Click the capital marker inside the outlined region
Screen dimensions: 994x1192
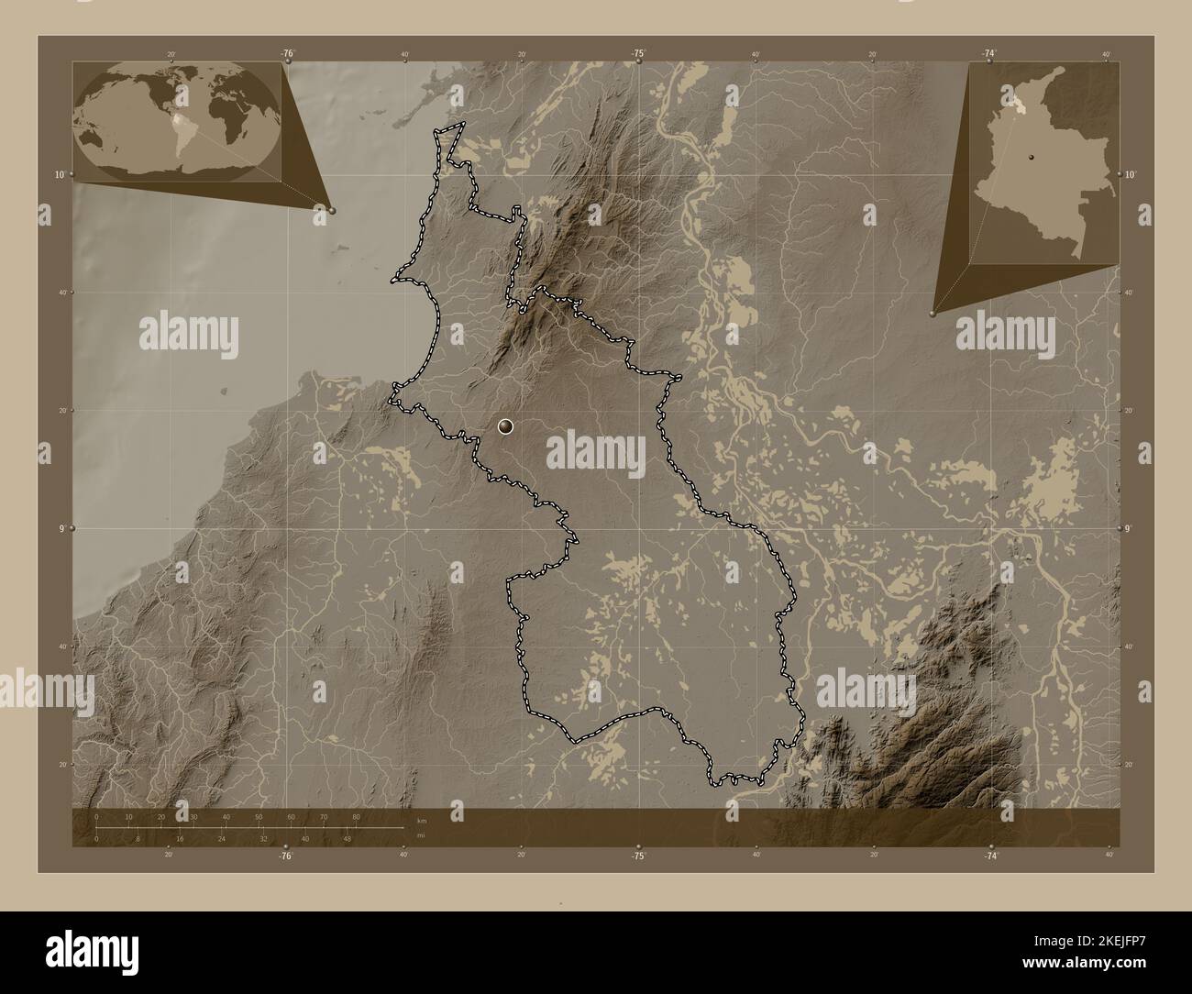tap(505, 426)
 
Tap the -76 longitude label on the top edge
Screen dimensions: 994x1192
tap(287, 54)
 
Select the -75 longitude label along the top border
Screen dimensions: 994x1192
tap(638, 54)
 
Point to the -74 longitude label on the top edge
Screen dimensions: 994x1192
tap(989, 54)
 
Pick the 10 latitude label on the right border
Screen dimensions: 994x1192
tap(1131, 174)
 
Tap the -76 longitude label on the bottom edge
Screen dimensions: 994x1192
tap(286, 856)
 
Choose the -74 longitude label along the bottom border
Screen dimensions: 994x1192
tap(990, 856)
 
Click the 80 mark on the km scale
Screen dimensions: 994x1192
tap(356, 816)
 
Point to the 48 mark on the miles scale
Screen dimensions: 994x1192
tap(348, 838)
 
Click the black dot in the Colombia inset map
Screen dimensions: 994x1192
tap(1029, 157)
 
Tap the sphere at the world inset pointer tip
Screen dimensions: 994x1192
tap(332, 210)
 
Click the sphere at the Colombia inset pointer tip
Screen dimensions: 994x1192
tap(933, 313)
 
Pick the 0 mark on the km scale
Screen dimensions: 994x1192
tap(96, 816)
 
